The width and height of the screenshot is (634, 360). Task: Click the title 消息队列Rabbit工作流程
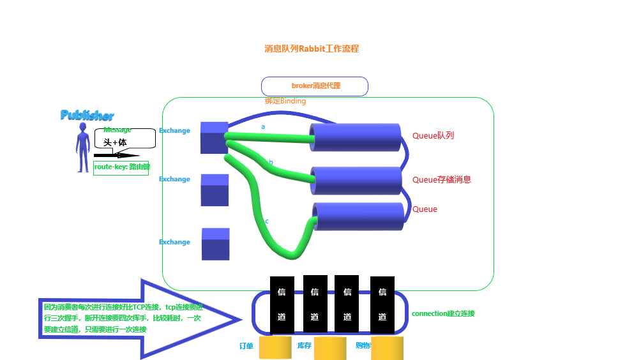point(312,49)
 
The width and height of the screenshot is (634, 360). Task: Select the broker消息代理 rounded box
point(315,86)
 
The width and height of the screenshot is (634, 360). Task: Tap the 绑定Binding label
point(285,101)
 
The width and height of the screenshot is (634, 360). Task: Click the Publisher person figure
point(82,147)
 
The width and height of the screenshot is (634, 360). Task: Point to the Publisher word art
point(87,116)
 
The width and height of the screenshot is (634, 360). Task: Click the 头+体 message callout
point(125,140)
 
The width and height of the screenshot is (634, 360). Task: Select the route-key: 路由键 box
point(121,167)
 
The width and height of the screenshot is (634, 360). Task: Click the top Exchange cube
point(214,137)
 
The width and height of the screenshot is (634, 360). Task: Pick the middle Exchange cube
point(215,190)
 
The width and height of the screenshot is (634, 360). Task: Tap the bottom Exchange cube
point(216,244)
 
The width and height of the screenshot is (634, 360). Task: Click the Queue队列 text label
point(433,136)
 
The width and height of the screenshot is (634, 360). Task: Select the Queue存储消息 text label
point(442,180)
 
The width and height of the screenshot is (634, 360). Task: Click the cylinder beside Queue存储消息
point(356,181)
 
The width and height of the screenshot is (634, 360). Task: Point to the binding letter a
point(263,127)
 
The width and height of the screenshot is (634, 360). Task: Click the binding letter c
point(267,221)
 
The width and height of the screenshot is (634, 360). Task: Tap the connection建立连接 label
point(443,313)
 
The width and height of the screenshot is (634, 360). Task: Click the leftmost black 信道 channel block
point(282,304)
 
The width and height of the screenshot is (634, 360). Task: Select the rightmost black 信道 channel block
point(382,304)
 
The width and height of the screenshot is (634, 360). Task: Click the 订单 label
point(246,346)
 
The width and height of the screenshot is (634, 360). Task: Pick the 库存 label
point(305,345)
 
